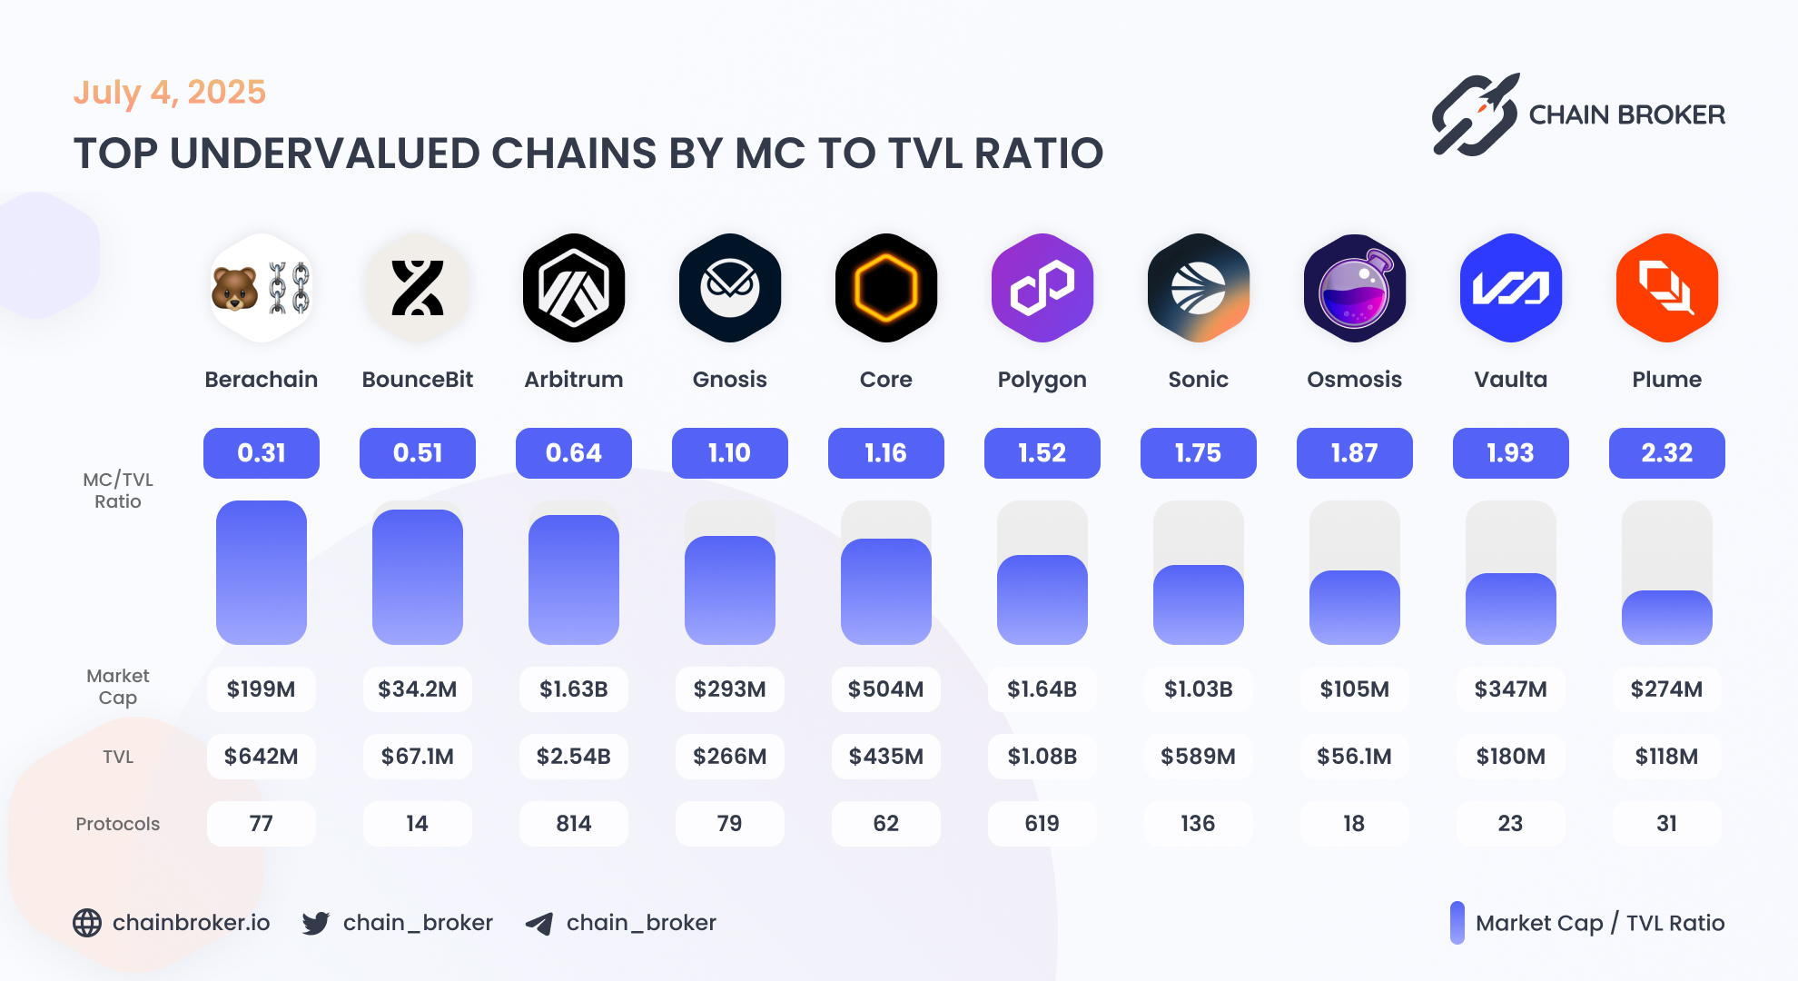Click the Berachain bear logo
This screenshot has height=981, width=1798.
point(262,288)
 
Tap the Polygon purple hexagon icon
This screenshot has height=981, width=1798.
point(1042,288)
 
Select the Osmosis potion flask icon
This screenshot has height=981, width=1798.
point(1354,288)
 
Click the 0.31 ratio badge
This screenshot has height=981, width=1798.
point(262,453)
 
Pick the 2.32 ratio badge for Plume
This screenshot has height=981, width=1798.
point(1666,453)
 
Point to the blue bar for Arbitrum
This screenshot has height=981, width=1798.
point(574,580)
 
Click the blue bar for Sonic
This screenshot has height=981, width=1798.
point(1198,604)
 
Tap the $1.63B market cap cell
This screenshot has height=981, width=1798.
point(574,689)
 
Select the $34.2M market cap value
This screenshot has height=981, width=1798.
point(418,689)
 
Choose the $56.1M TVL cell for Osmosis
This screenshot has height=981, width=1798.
point(1354,757)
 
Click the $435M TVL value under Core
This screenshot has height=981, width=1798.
point(886,757)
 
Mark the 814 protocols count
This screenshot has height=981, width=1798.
point(574,824)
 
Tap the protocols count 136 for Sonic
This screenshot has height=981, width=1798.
point(1198,824)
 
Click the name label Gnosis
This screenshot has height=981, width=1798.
point(730,380)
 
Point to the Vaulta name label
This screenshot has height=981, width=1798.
point(1510,380)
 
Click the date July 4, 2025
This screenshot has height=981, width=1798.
point(170,93)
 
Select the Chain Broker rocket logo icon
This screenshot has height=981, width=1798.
point(1476,115)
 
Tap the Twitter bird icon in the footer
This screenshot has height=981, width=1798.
point(316,924)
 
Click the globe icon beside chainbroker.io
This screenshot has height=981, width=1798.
point(87,923)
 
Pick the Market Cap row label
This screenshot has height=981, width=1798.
point(118,687)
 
